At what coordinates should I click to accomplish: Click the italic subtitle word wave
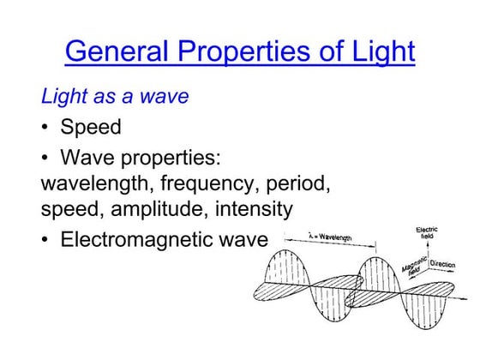click(165, 96)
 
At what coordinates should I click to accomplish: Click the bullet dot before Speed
click(45, 128)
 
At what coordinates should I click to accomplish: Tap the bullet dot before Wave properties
click(45, 160)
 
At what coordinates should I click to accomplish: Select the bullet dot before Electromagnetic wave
click(45, 240)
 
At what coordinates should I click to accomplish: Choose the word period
click(296, 184)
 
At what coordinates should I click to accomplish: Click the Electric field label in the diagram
click(427, 233)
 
